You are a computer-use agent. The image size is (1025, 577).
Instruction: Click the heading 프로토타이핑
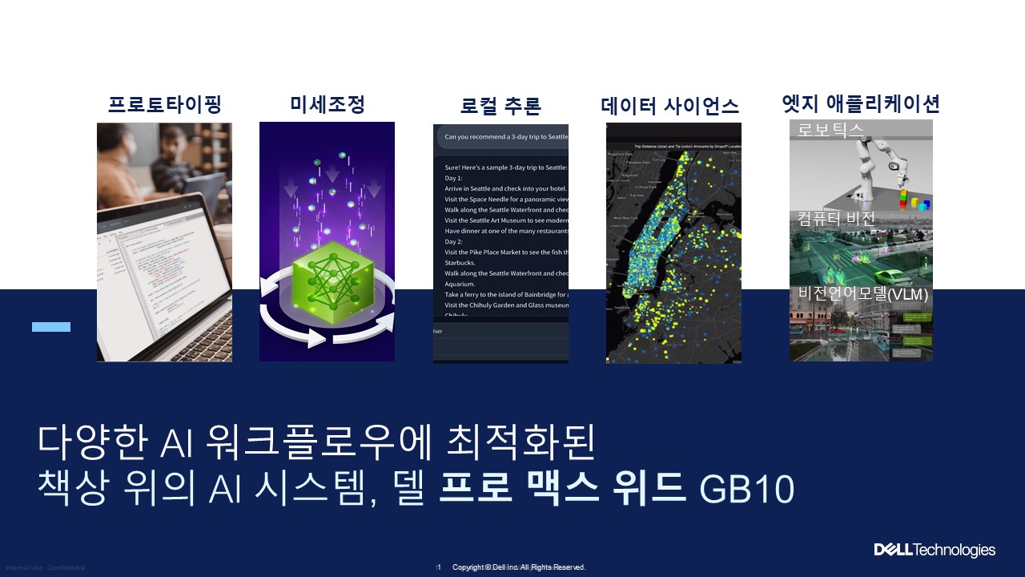(x=164, y=105)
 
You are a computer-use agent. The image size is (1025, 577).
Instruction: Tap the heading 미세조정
(x=327, y=104)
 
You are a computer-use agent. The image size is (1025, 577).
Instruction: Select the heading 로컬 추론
(x=500, y=106)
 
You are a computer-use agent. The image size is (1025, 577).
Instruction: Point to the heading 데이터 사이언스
(x=669, y=106)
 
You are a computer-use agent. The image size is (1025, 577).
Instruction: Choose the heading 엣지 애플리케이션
(x=860, y=103)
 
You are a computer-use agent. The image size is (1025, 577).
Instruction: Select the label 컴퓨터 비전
(x=836, y=219)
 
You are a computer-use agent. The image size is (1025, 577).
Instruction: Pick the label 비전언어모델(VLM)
(x=862, y=294)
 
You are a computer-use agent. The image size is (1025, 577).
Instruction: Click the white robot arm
(x=881, y=164)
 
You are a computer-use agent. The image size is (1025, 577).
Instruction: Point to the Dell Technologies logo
(x=934, y=550)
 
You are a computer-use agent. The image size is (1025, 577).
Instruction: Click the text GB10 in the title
(x=746, y=489)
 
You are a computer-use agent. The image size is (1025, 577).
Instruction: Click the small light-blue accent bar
(x=51, y=327)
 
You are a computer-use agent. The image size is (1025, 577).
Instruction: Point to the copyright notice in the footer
(x=519, y=567)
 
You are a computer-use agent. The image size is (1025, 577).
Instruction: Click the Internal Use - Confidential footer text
(x=45, y=568)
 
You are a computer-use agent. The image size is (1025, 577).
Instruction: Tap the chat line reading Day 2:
(x=455, y=241)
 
